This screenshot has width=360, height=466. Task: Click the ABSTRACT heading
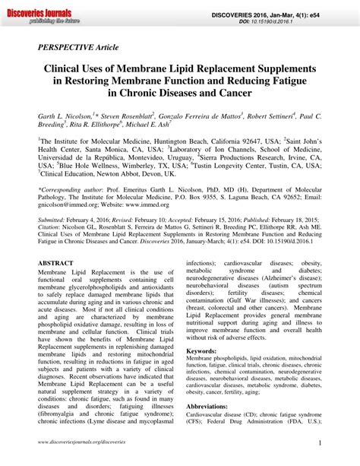point(55,262)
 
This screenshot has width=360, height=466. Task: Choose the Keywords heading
point(201,353)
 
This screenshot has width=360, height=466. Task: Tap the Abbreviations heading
point(207,407)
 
